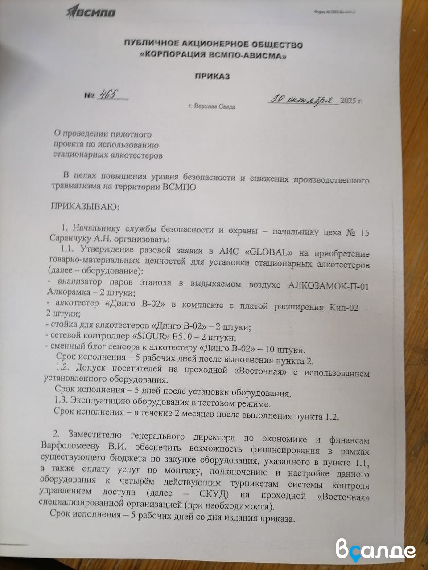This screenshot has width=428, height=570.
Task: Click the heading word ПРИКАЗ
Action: [x=212, y=76]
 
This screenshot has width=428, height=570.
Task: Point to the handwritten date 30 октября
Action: [x=303, y=99]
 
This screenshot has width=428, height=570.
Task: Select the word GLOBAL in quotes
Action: [x=271, y=251]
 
